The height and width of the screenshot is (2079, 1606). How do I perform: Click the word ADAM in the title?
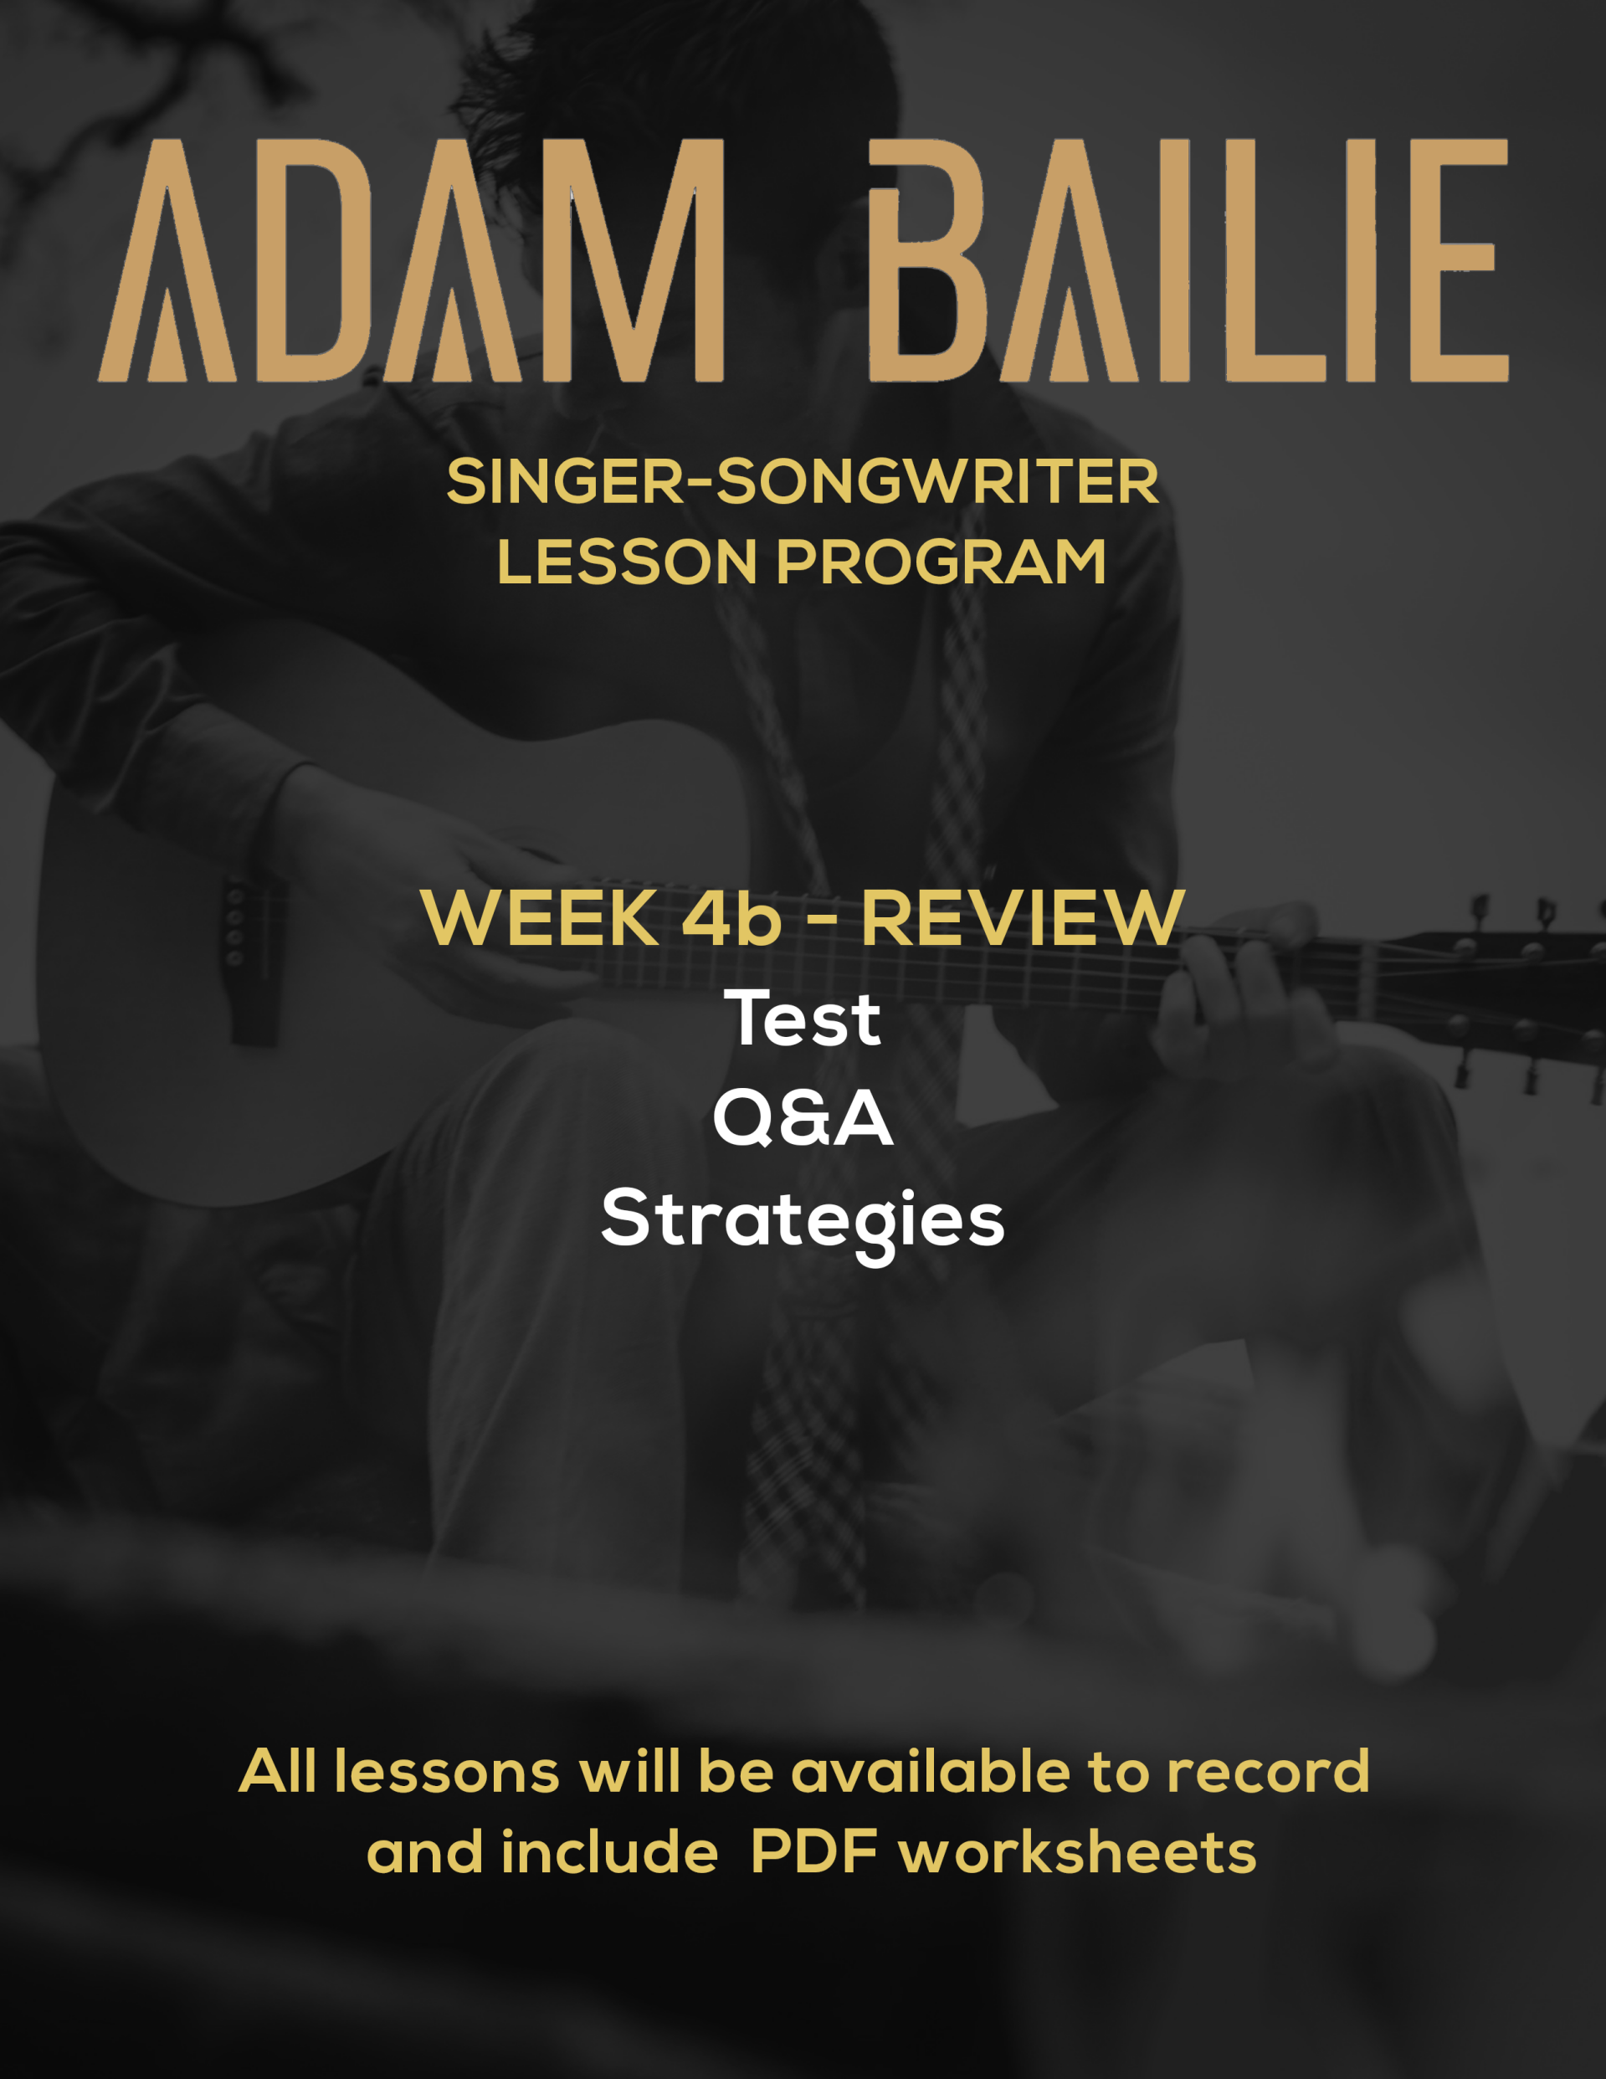coord(411,261)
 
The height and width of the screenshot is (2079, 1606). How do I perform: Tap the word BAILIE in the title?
coord(1189,261)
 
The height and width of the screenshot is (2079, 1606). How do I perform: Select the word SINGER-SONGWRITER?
coord(803,482)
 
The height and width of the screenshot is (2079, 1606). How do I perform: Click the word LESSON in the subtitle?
coord(628,562)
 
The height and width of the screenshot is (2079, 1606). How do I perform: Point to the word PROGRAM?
coord(942,562)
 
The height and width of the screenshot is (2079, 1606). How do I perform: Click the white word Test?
coord(803,1019)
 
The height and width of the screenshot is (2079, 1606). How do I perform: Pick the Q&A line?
coord(803,1118)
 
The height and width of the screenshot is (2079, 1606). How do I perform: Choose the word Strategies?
coord(803,1221)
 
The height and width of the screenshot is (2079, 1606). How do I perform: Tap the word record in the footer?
coord(1268,1773)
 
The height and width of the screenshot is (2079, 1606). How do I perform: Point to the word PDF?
coord(815,1852)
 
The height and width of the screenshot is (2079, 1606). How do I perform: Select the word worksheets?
coord(1078,1852)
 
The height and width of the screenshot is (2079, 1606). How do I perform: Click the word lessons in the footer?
coord(446,1773)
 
